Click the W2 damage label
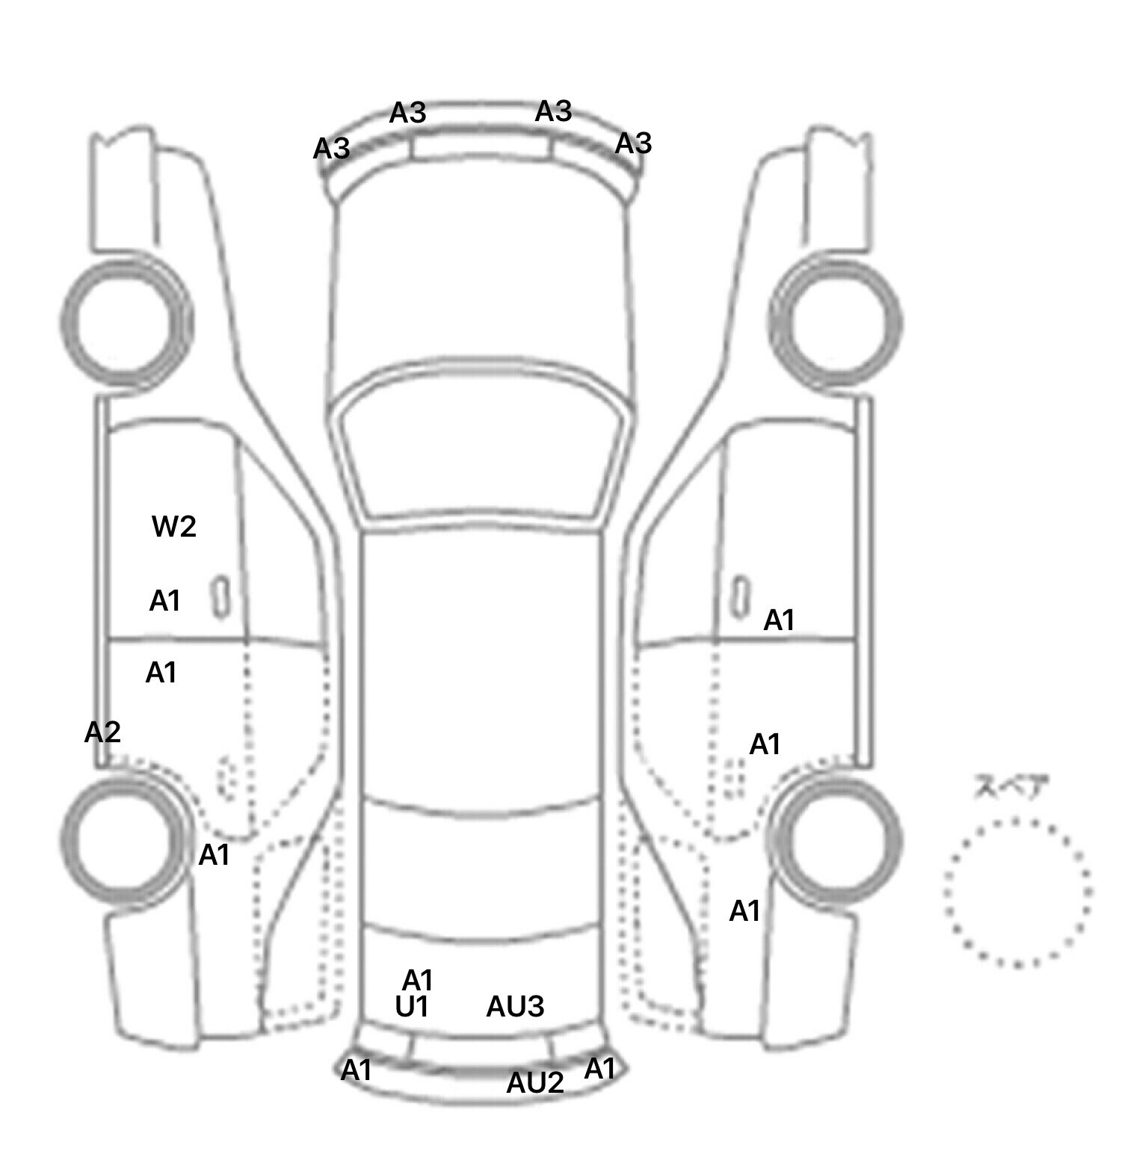pos(174,527)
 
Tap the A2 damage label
pos(102,732)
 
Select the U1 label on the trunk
pos(412,1008)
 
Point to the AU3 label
pos(515,1007)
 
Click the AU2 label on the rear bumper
pos(535,1082)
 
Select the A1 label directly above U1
pos(418,980)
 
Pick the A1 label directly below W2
pos(165,600)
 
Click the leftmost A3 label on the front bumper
pos(332,149)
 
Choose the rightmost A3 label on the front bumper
pos(633,143)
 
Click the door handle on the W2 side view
pos(221,597)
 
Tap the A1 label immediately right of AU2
pos(599,1069)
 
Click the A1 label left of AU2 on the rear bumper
pos(357,1070)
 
